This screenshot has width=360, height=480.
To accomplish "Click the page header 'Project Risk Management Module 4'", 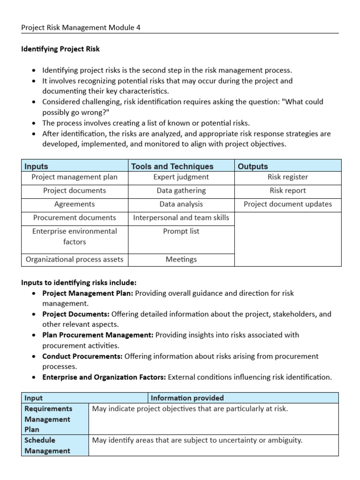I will tap(81, 28).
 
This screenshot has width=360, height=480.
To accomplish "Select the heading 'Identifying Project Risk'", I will tap(60, 49).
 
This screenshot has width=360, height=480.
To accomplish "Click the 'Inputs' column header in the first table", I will tap(36, 166).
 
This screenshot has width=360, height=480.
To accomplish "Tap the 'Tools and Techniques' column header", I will tap(172, 166).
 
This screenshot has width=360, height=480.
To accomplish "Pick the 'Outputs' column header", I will tap(253, 166).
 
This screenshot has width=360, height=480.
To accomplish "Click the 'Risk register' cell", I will tap(287, 177).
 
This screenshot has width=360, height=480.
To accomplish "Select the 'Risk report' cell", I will tap(287, 191).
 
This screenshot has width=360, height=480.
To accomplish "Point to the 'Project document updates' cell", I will tap(287, 204).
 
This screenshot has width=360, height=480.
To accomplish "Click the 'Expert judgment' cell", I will tap(181, 177).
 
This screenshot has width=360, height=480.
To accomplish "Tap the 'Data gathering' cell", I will tap(181, 191).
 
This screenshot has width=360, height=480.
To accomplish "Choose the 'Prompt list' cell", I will tap(181, 232).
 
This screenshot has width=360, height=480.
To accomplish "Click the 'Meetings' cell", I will tap(181, 260).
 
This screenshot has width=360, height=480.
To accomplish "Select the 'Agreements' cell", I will tap(75, 204).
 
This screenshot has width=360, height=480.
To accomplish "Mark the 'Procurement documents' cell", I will tap(75, 218).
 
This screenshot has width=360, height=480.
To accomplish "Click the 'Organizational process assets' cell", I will tap(75, 260).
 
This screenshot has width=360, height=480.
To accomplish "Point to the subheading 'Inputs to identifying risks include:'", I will tap(79, 282).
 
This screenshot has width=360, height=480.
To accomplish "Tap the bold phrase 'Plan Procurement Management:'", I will tap(97, 335).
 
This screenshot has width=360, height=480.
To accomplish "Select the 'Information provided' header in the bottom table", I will tap(187, 398).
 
